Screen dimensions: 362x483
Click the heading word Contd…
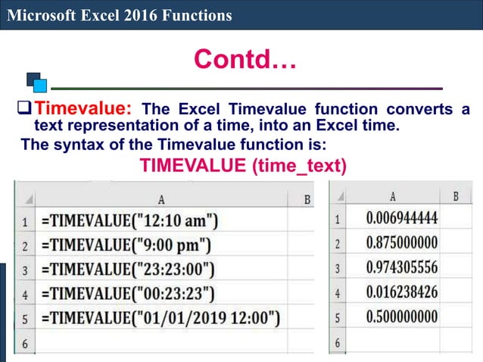245,58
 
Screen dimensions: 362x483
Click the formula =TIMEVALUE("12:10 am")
130,222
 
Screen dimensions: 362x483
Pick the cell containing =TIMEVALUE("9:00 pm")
126,245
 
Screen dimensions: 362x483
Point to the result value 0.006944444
401,219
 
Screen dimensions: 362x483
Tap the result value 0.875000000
401,244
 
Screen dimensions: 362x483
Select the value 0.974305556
401,267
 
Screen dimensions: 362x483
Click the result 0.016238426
401,292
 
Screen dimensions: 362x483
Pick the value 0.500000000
401,316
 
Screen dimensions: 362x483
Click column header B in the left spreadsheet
307,200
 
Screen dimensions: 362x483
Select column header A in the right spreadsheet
392,196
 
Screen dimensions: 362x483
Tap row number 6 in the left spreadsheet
24,342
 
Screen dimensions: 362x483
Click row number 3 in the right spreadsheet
338,268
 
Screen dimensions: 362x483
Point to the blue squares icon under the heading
36,81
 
